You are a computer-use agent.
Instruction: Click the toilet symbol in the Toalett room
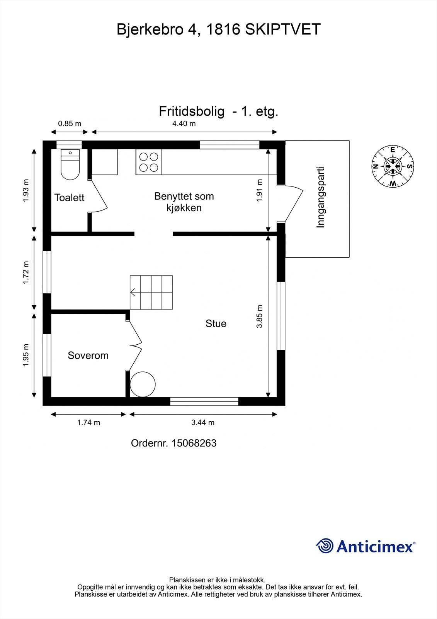(x=70, y=165)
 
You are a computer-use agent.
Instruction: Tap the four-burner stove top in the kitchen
(x=148, y=162)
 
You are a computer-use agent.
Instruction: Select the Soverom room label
(x=88, y=356)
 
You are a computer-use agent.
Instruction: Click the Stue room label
(x=216, y=323)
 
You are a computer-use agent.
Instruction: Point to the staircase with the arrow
(x=151, y=292)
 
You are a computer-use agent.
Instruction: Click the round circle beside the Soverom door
(x=143, y=384)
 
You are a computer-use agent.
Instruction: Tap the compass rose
(x=393, y=166)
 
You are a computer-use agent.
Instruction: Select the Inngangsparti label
(x=320, y=197)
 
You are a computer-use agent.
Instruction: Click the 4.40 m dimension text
(x=184, y=124)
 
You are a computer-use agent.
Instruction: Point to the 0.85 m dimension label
(x=70, y=124)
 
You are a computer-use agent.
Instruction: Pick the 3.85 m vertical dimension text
(x=259, y=316)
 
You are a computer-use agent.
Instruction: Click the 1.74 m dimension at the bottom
(x=88, y=422)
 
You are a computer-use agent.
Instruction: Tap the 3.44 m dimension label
(x=203, y=422)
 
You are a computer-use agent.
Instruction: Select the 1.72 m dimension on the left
(x=26, y=272)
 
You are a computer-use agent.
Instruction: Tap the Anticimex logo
(x=366, y=546)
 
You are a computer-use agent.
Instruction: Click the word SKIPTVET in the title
(x=283, y=30)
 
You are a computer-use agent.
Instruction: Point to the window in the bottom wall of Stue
(x=204, y=402)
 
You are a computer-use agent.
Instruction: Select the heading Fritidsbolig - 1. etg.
(x=218, y=111)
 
